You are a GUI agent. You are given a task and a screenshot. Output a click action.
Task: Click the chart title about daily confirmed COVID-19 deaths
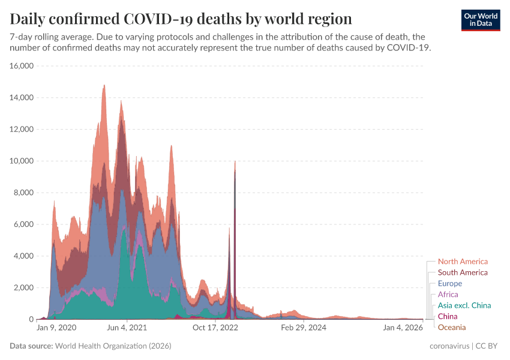181,18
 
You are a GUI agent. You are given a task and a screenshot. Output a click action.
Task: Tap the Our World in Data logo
481,19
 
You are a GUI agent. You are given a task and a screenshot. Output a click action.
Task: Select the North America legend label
463,262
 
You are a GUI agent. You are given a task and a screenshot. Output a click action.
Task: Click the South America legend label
463,272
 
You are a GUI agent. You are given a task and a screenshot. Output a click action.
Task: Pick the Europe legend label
450,283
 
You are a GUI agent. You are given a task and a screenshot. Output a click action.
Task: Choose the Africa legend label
448,295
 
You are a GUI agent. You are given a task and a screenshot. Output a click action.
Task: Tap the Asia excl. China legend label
464,305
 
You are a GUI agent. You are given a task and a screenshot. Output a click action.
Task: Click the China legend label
448,316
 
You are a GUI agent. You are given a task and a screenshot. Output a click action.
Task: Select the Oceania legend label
452,327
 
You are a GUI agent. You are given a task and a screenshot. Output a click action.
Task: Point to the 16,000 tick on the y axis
22,66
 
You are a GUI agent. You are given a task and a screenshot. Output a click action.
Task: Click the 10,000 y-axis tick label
22,161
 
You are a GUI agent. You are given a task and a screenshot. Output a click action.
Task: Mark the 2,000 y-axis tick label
24,288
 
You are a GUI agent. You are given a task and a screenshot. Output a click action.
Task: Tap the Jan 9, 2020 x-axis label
56,328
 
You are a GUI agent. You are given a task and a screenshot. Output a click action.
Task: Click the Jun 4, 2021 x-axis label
126,328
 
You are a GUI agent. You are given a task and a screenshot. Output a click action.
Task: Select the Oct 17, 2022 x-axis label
215,328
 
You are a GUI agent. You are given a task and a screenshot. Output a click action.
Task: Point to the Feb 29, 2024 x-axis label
304,328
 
